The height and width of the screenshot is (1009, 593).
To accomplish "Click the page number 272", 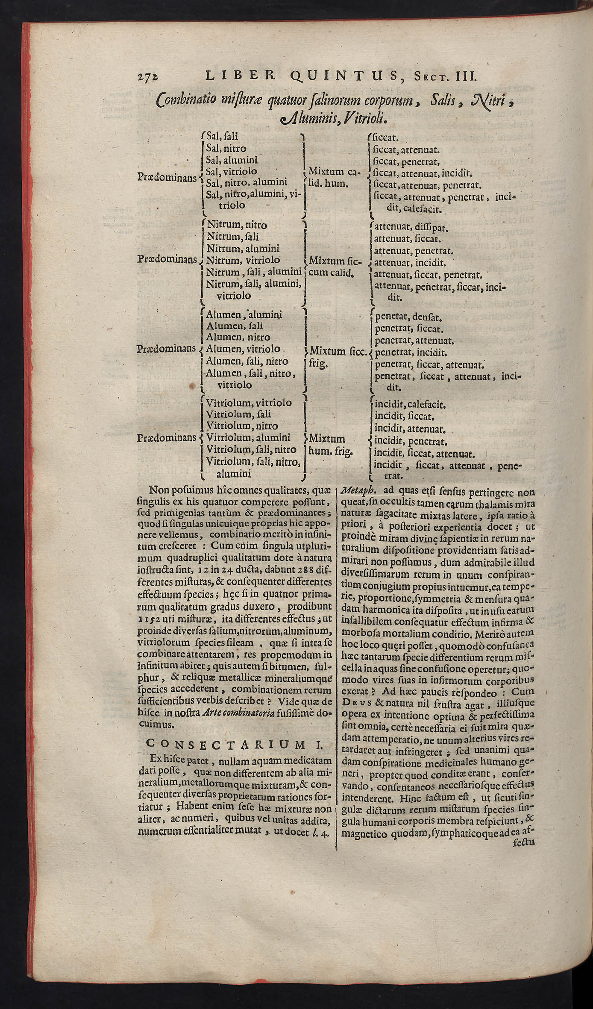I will click(148, 77).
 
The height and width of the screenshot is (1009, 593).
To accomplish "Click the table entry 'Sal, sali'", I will click(222, 137).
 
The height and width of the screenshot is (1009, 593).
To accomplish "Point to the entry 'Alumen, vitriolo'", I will click(243, 349).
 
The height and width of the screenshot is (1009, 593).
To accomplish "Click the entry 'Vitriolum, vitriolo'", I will click(249, 403).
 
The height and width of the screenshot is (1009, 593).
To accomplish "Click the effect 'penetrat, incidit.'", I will click(411, 353).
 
